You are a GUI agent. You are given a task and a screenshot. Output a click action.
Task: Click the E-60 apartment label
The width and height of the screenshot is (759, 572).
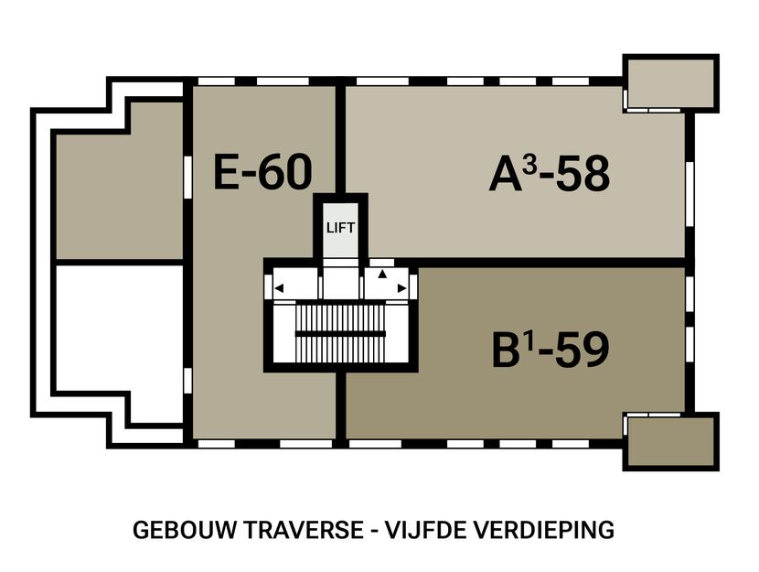262,172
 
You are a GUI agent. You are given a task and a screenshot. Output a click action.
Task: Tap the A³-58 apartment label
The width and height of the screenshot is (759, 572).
549,174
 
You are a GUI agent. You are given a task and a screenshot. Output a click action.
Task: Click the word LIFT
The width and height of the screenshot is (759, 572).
340,228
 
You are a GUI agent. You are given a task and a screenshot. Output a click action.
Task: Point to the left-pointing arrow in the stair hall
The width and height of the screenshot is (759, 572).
279,288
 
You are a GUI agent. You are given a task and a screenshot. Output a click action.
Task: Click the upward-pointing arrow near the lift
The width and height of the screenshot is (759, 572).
383,274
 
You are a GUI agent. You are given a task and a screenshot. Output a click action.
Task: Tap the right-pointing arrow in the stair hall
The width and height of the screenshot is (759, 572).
401,288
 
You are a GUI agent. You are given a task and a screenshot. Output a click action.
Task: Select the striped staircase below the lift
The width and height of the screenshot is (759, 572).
339,332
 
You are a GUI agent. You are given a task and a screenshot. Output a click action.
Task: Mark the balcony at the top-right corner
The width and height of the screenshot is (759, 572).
669,83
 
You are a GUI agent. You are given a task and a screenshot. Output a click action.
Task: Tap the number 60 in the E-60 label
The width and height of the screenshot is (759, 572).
284,172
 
